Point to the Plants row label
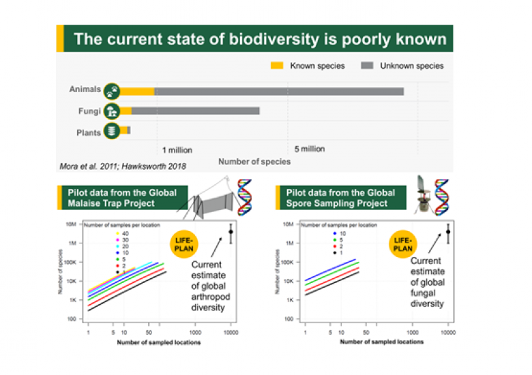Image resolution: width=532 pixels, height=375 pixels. click(x=88, y=132)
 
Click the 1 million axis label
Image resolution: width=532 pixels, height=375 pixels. click(x=177, y=150)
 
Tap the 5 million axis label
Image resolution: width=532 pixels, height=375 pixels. click(x=309, y=149)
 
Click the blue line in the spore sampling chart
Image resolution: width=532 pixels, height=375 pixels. click(x=331, y=269)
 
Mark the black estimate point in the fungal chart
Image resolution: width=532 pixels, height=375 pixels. click(x=448, y=232)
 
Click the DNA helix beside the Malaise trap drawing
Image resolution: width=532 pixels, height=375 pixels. click(x=243, y=194)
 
